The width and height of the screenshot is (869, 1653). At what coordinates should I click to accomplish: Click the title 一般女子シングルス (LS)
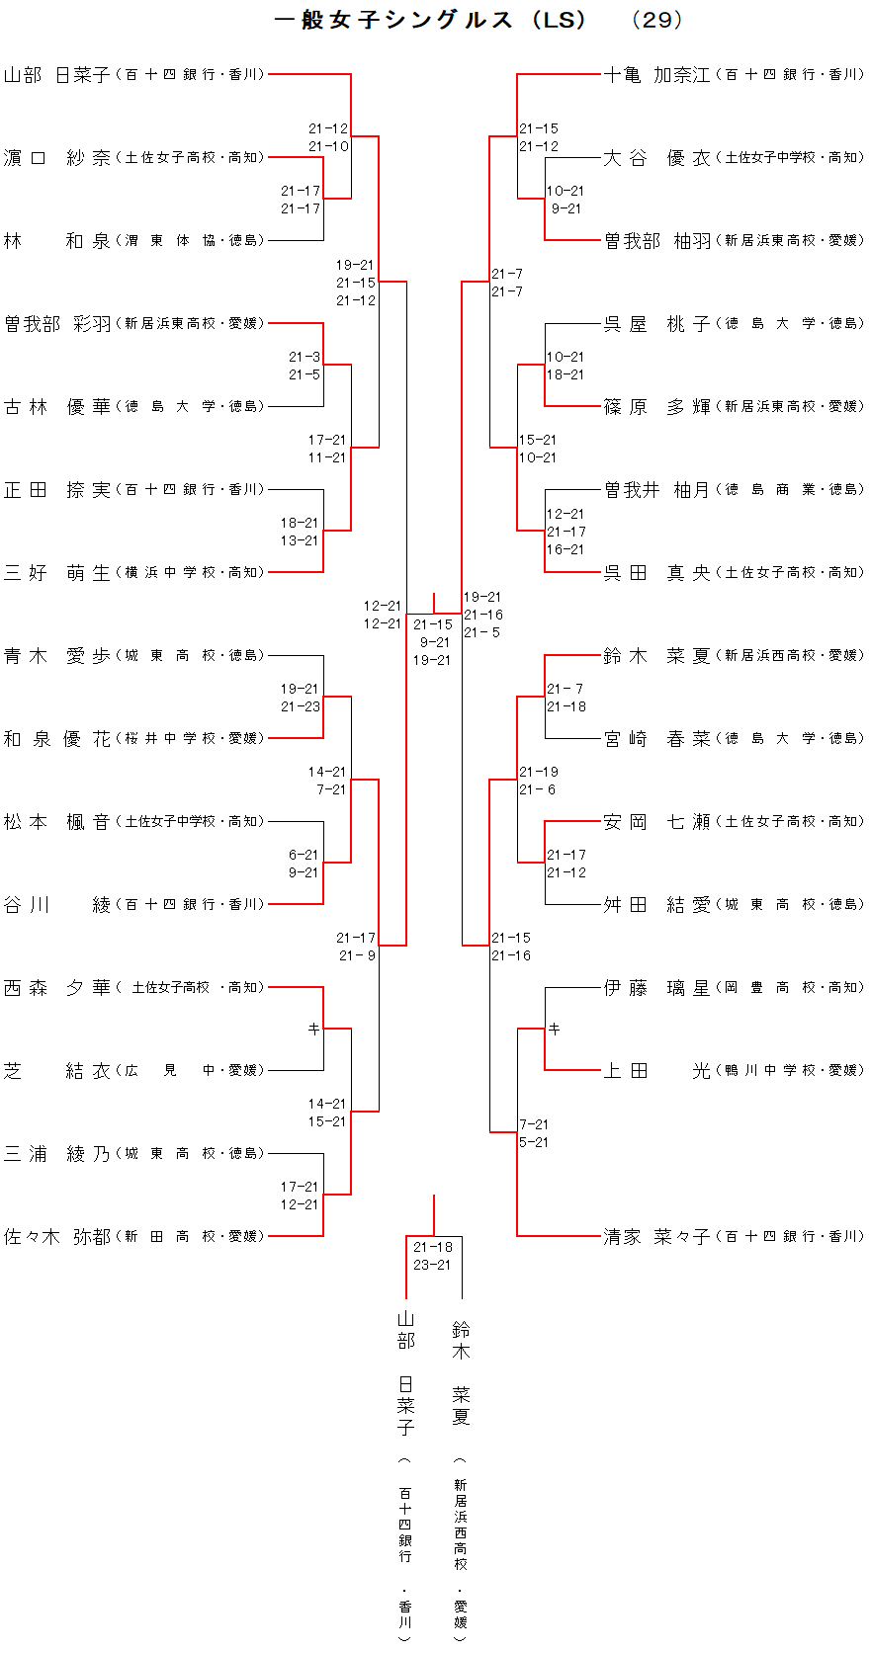pos(431,20)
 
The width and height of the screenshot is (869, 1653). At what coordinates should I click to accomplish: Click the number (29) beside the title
pos(656,20)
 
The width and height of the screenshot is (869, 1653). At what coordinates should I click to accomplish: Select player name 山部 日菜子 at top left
pos(57,75)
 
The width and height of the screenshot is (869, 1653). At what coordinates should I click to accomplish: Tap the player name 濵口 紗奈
pos(57,158)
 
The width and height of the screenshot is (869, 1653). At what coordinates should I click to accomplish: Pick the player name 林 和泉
pos(57,241)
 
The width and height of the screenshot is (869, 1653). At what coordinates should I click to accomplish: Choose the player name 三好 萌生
pos(57,573)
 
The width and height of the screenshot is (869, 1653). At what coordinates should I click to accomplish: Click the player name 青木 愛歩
pos(57,656)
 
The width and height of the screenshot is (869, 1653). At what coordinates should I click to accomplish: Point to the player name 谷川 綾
pos(57,905)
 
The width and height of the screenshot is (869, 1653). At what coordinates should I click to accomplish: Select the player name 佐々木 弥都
pos(57,1237)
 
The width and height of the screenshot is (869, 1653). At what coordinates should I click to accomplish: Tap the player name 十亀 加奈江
pos(656,75)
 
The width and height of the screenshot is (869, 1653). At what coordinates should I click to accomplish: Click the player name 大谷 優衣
pos(656,158)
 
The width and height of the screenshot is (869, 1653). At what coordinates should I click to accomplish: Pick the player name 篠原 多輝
pos(656,407)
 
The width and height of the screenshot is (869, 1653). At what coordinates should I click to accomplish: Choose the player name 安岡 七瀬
pos(656,822)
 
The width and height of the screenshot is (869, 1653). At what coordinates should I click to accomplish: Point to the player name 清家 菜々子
pos(656,1237)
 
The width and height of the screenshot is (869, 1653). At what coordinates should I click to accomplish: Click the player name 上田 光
pos(656,1071)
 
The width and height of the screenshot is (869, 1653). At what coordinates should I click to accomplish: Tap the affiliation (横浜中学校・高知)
pos(190,573)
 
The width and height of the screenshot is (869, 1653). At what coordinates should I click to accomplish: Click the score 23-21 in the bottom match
pos(432,1265)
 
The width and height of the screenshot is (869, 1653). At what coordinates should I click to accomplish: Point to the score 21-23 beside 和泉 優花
pos(301,706)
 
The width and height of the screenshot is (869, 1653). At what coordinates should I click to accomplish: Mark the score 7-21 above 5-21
pos(534,1124)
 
